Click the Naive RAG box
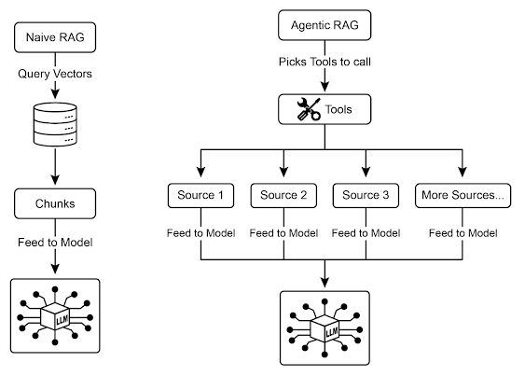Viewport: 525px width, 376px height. pos(56,38)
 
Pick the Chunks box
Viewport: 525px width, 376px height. pos(56,201)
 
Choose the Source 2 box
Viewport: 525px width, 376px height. pos(284,197)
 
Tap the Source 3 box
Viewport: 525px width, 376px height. pos(366,197)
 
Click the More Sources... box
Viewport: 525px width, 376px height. pos(463,197)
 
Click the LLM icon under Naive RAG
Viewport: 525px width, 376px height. pos(56,313)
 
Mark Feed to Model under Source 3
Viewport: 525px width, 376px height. pos(366,232)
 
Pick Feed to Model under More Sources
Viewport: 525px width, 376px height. pos(463,232)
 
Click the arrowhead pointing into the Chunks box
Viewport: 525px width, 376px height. pos(56,183)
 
